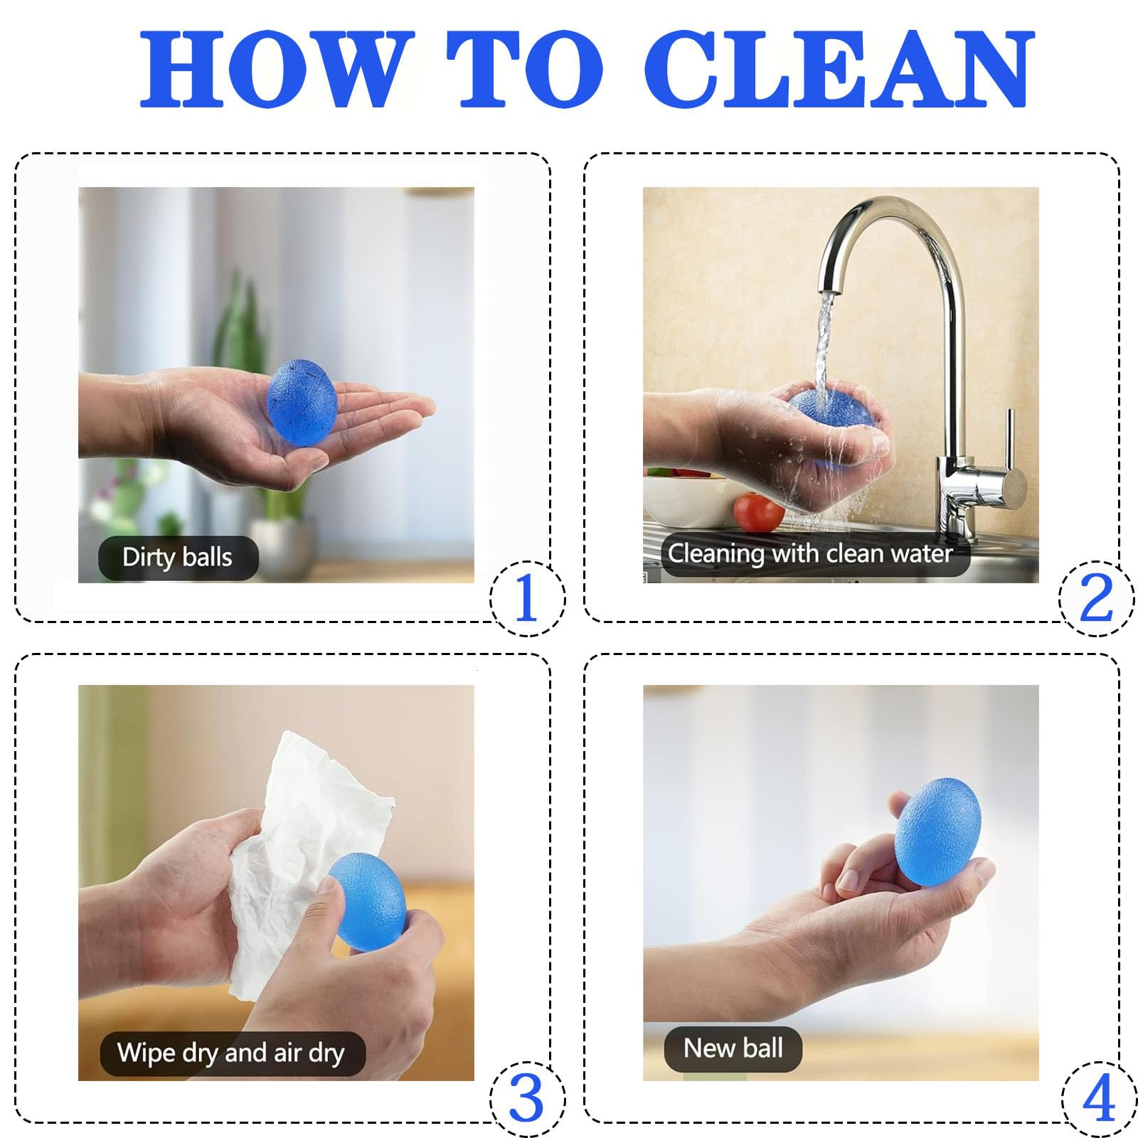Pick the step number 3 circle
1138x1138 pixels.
tap(527, 1100)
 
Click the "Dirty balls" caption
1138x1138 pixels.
tap(177, 557)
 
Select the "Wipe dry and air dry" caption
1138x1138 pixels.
tap(231, 1053)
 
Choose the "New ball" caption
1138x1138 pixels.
tap(733, 1048)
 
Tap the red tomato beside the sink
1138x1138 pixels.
tap(758, 512)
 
